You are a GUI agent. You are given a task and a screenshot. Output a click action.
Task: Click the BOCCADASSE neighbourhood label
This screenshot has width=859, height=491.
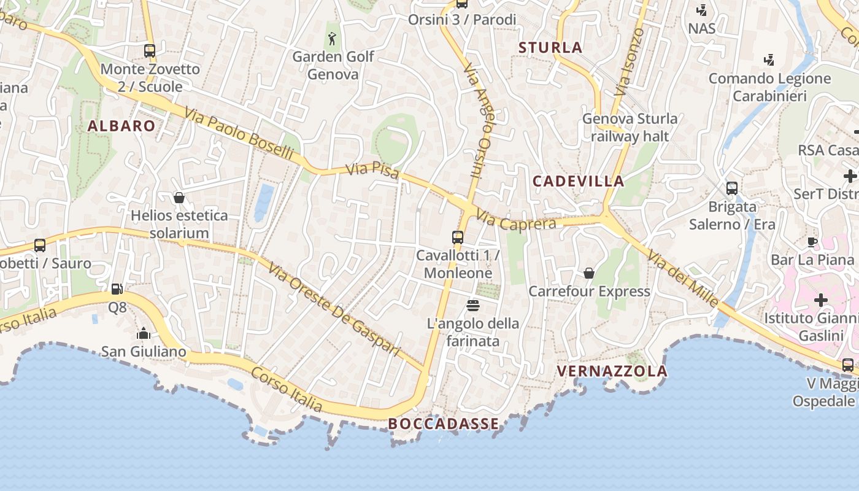pyautogui.click(x=443, y=423)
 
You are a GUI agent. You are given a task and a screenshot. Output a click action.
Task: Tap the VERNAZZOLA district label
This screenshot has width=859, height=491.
pyautogui.click(x=612, y=371)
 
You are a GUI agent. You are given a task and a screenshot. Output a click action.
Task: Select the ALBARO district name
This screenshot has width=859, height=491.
pyautogui.click(x=121, y=126)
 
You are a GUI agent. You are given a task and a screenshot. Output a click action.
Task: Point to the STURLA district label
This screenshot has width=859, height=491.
pyautogui.click(x=550, y=47)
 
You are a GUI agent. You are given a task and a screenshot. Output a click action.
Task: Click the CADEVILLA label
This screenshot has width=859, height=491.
pyautogui.click(x=578, y=181)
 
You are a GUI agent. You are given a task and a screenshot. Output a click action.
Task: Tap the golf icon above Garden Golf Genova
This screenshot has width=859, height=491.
pyautogui.click(x=333, y=39)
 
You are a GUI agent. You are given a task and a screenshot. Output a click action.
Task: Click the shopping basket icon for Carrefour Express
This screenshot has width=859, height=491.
pyautogui.click(x=589, y=273)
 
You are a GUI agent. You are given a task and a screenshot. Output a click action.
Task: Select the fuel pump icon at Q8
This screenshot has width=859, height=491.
pyautogui.click(x=117, y=288)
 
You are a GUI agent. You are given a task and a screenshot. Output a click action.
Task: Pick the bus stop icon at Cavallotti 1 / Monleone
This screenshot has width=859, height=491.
pyautogui.click(x=458, y=237)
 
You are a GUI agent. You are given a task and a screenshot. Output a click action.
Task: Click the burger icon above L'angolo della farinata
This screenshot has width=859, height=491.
pyautogui.click(x=472, y=305)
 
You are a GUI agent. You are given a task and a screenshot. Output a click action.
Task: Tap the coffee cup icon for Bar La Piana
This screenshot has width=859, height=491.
pyautogui.click(x=812, y=242)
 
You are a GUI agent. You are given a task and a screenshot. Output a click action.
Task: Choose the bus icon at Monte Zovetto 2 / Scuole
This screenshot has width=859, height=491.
pyautogui.click(x=150, y=51)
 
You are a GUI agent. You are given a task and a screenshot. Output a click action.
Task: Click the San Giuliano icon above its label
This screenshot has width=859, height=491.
pyautogui.click(x=144, y=334)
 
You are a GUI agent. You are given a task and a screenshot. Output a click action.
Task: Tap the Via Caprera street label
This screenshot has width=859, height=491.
pyautogui.click(x=516, y=222)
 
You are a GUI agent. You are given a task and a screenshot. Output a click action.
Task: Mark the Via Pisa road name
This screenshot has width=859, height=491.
pyautogui.click(x=372, y=170)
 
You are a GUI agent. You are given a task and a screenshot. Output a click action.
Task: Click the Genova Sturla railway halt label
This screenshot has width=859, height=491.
pyautogui.click(x=630, y=127)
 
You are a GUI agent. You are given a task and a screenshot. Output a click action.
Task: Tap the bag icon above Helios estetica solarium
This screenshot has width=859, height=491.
pyautogui.click(x=179, y=198)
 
